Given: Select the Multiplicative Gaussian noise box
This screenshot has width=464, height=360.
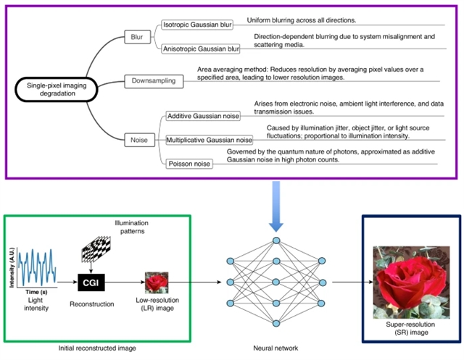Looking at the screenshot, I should click(210, 138).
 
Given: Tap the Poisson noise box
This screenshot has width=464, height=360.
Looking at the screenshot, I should click(190, 163).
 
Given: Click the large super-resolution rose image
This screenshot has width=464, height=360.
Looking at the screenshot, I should click(410, 276).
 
